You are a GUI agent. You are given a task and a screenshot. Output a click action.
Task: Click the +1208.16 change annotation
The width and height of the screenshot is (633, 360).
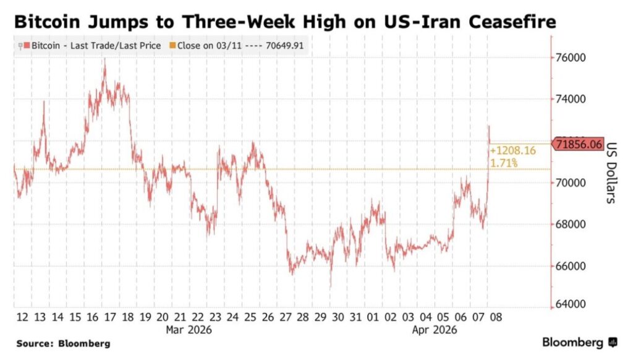(512, 150)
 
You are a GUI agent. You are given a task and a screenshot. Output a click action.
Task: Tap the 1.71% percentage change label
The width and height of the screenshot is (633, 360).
(504, 163)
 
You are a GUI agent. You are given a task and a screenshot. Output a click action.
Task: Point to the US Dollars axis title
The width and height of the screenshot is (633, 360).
(610, 173)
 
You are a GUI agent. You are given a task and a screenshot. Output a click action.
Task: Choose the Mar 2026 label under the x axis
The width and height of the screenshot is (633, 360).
(189, 330)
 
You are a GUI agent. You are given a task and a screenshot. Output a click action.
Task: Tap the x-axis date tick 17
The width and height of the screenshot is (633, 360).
(111, 317)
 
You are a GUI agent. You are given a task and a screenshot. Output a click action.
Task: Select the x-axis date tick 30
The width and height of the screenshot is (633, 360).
(338, 317)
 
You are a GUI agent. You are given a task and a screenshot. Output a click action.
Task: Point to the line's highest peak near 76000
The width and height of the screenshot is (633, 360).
(104, 59)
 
